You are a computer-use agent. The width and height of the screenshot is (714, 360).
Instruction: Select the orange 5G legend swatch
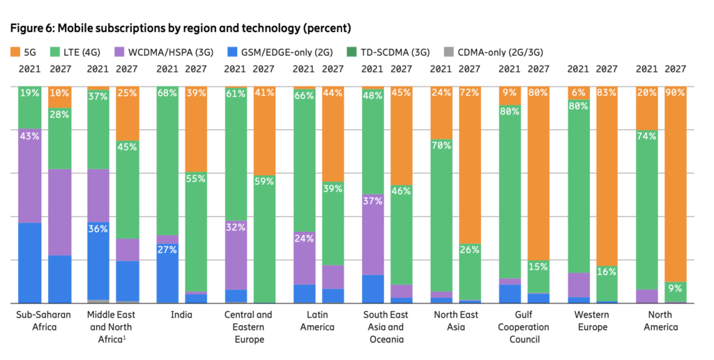pyautogui.click(x=15, y=52)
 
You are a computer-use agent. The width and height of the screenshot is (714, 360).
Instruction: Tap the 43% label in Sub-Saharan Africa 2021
pyautogui.click(x=29, y=136)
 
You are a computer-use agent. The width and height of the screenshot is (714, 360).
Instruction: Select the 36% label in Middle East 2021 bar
pyautogui.click(x=98, y=228)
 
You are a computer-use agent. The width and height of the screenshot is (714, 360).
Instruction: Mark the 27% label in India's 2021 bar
pyautogui.click(x=167, y=250)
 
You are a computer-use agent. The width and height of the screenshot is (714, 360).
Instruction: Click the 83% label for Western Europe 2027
pyautogui.click(x=607, y=93)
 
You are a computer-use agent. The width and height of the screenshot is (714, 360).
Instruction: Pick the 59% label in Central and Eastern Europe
pyautogui.click(x=264, y=181)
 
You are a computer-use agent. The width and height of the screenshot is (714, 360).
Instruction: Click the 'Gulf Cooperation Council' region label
pyautogui.click(x=524, y=327)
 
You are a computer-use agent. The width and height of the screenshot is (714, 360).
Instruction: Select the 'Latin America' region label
pyautogui.click(x=318, y=321)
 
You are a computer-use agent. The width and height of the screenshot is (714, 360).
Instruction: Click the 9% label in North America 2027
pyautogui.click(x=676, y=287)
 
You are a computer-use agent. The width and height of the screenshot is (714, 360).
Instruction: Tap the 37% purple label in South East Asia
pyautogui.click(x=372, y=201)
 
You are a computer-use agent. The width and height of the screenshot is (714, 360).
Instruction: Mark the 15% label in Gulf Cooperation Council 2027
pyautogui.click(x=538, y=267)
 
